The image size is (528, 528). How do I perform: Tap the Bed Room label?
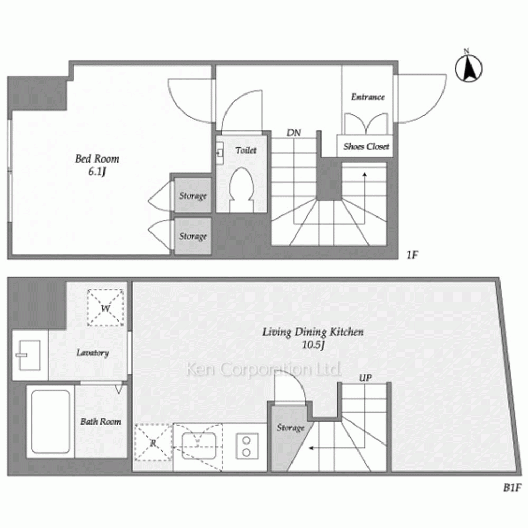[97, 158]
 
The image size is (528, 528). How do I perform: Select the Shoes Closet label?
[366, 146]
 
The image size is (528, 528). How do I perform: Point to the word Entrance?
[367, 97]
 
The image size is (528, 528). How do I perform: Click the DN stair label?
[294, 133]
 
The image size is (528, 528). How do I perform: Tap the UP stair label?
[365, 378]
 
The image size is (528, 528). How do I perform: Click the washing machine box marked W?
[106, 308]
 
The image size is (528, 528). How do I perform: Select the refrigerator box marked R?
[153, 442]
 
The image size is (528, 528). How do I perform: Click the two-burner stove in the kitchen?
[247, 446]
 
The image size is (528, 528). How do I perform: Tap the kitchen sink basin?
[199, 446]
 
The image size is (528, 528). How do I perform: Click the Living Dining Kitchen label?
[313, 332]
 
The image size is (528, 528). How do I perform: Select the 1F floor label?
[412, 255]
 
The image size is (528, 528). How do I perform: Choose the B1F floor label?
[512, 487]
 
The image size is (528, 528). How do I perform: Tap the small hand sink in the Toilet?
[220, 153]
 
